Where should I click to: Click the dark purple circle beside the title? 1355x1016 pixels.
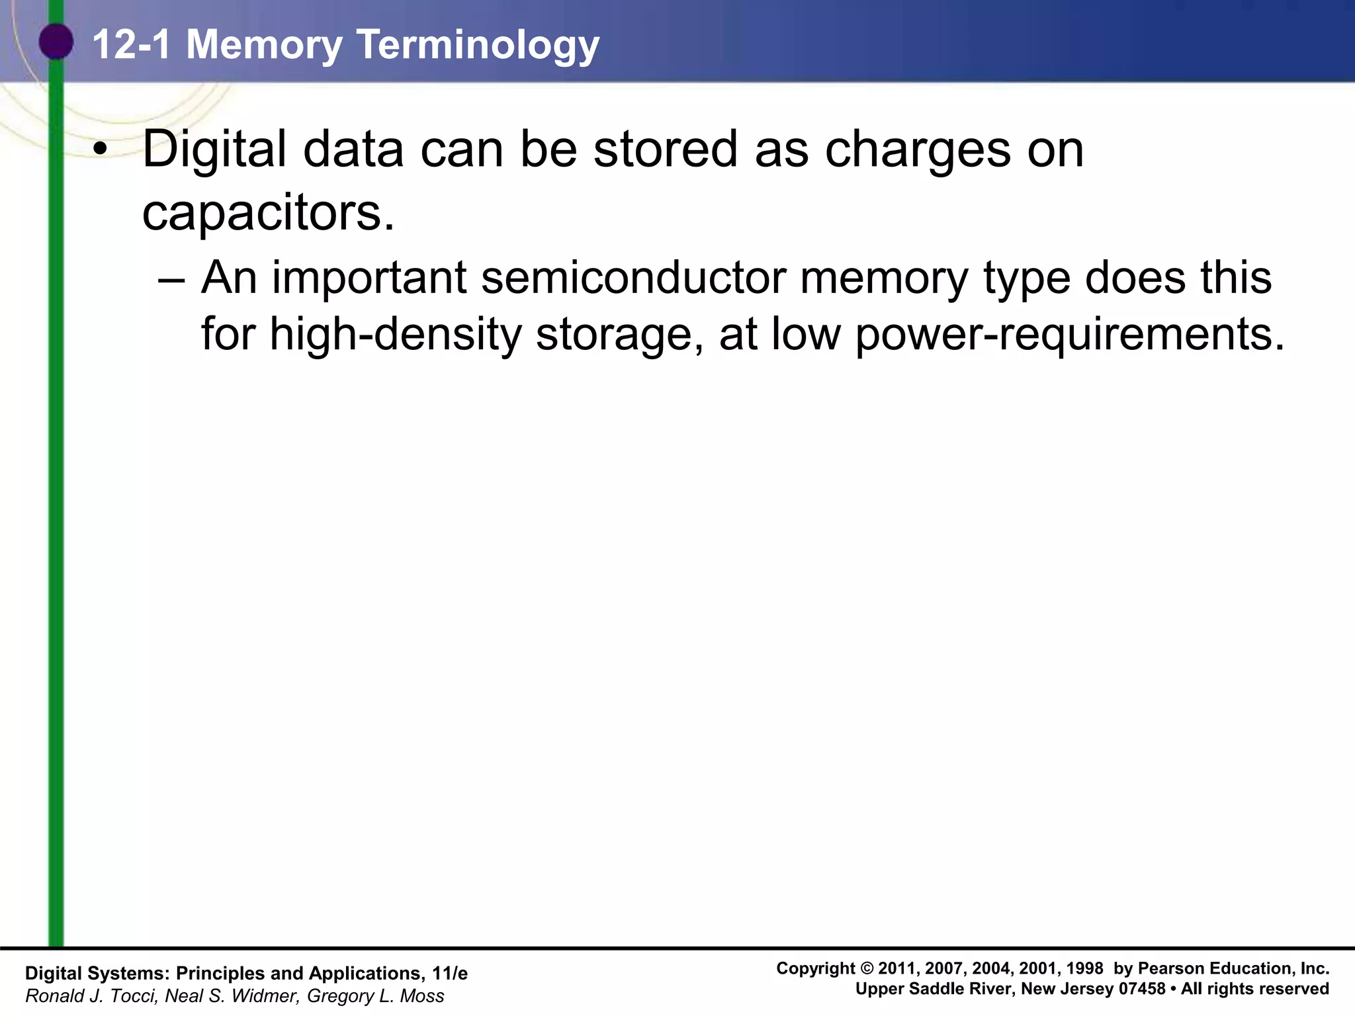tap(56, 42)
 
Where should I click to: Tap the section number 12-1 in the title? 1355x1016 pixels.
tap(132, 45)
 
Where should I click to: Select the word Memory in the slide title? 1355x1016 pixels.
tap(265, 45)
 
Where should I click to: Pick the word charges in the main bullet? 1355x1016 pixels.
tap(918, 150)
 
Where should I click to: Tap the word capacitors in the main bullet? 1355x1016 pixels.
tap(268, 213)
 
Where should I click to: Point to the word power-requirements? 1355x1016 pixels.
tap(1070, 334)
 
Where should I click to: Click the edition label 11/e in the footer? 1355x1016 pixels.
tap(449, 973)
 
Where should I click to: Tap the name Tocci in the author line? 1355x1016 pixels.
tap(136, 995)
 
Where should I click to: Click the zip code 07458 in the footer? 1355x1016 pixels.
tap(1142, 989)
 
